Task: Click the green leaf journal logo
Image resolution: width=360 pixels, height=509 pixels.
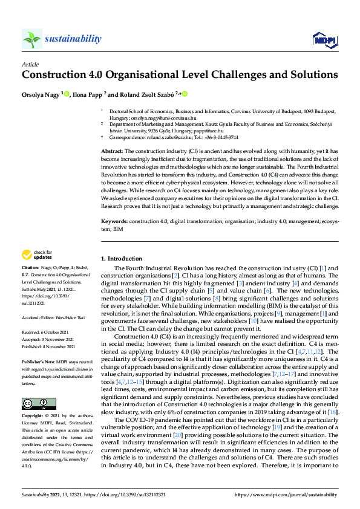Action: (31, 39)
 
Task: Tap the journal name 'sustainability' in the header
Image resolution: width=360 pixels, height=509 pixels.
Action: (73, 39)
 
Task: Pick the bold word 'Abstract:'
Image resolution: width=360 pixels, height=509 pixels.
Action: (112, 151)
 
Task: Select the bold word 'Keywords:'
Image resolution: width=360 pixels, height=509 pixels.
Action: (114, 223)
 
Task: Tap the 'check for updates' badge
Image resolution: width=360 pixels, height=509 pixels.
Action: (36, 254)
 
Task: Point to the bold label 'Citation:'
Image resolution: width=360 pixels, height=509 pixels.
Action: (30, 267)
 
